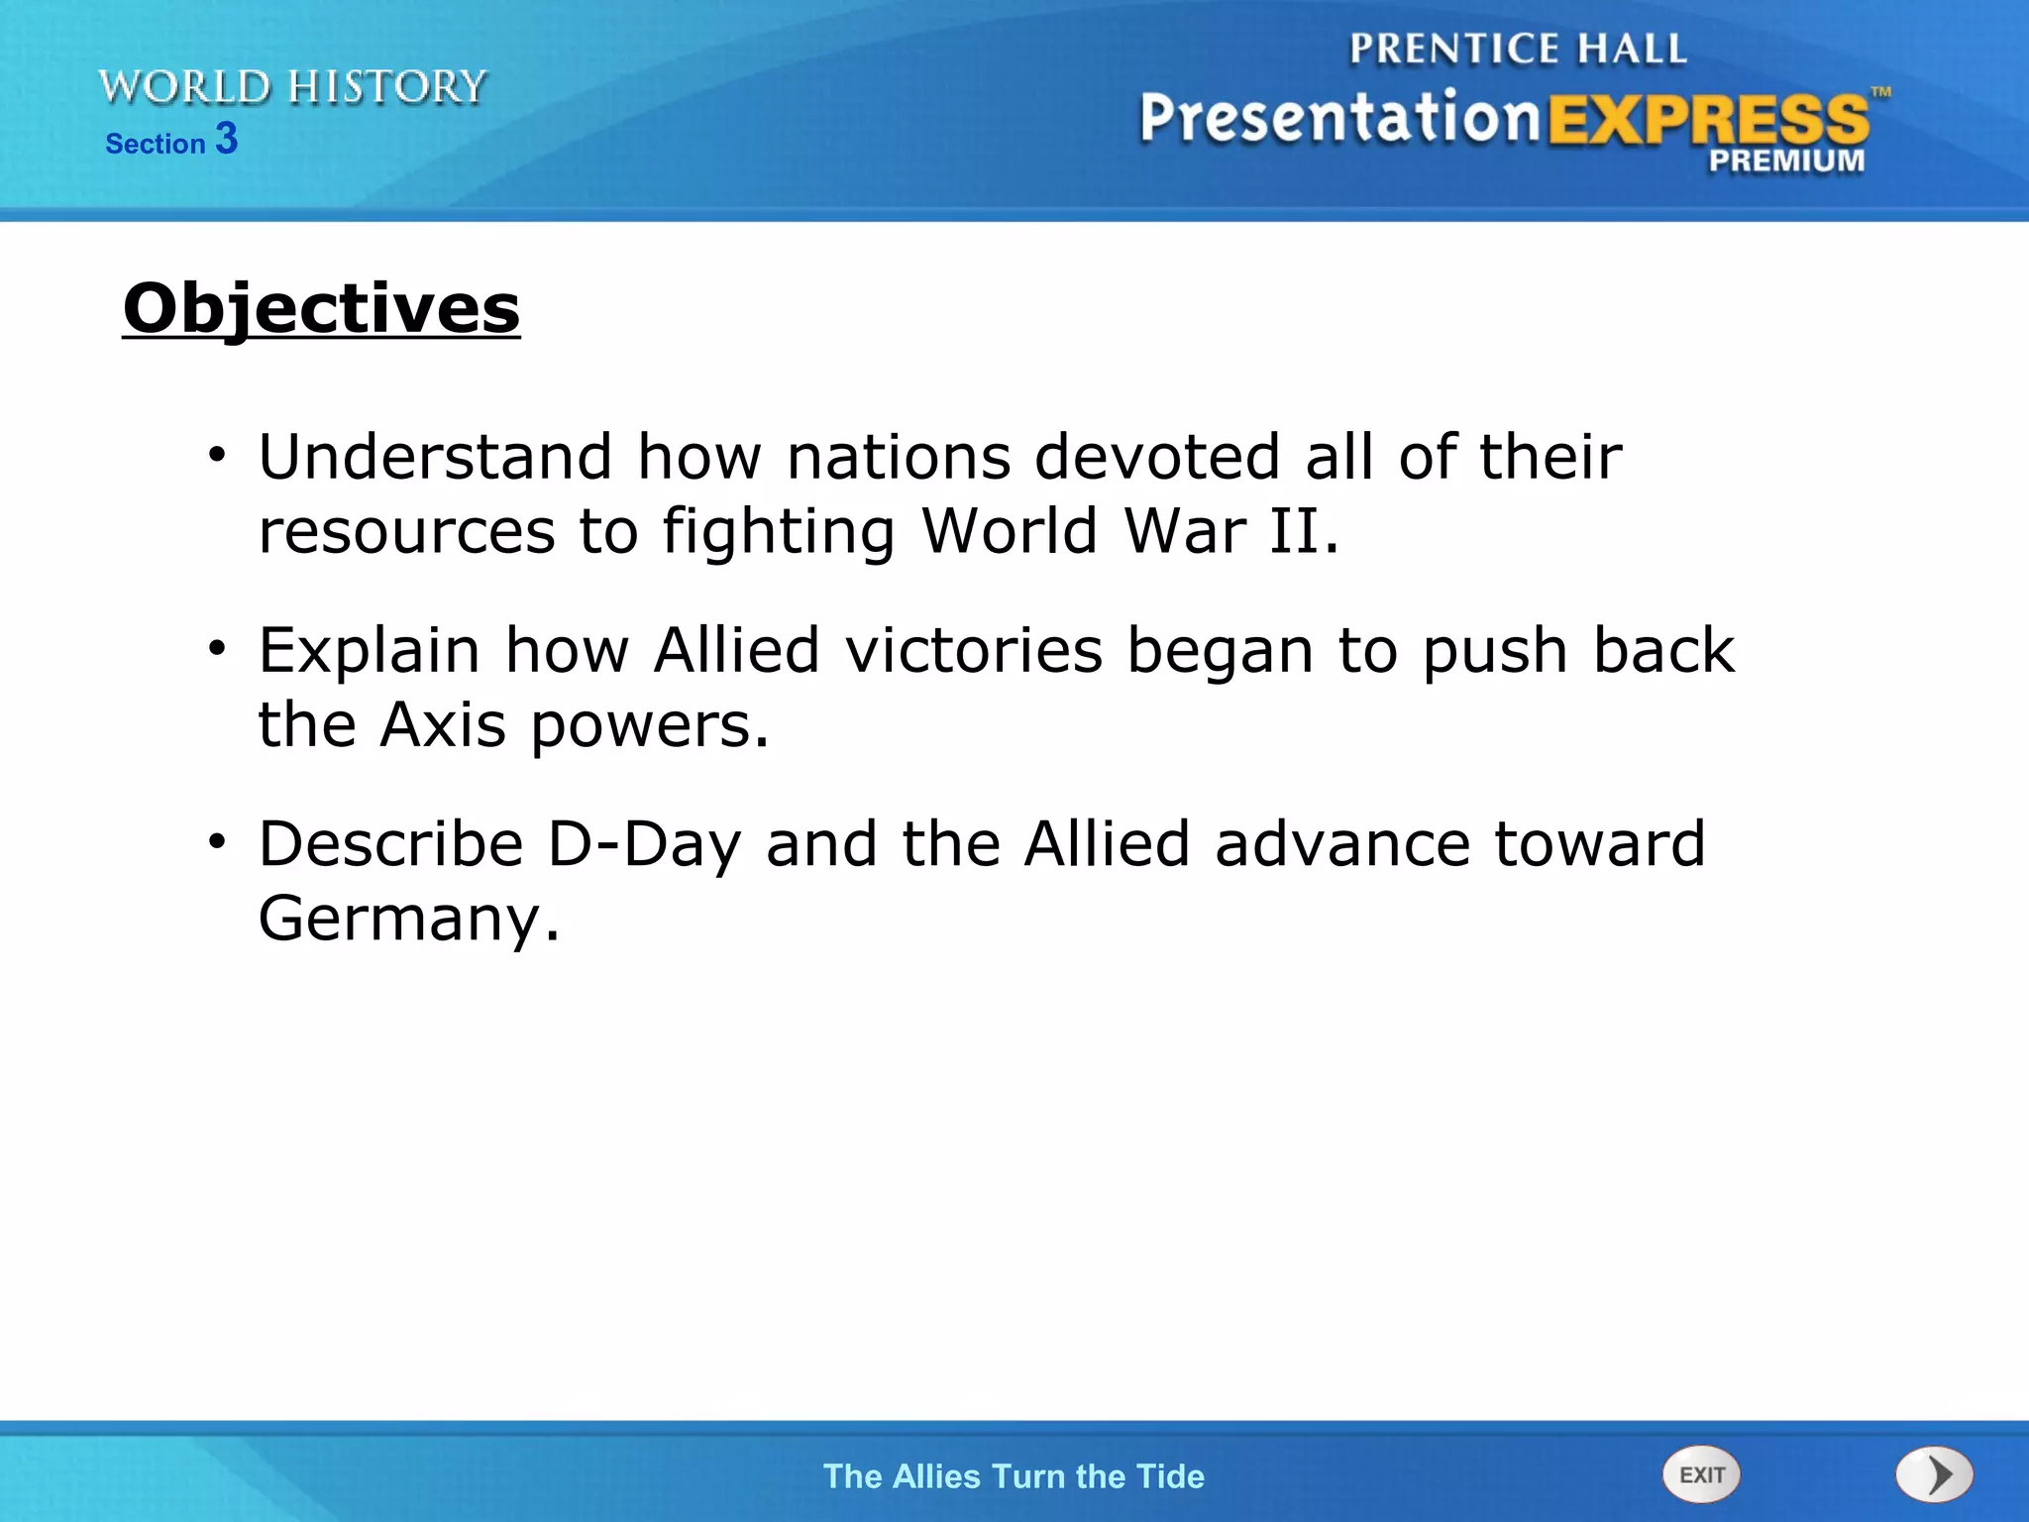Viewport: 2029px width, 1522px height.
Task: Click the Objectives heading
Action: coord(321,308)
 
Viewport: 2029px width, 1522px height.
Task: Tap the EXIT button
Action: coord(1701,1474)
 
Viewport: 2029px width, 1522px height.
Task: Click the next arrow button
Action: coord(1934,1474)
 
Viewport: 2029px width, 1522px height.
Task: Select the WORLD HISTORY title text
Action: coord(293,87)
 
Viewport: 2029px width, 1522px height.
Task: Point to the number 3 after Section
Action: coord(227,139)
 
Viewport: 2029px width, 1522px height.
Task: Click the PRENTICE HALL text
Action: coord(1518,49)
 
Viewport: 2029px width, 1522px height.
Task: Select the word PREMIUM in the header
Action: coord(1786,161)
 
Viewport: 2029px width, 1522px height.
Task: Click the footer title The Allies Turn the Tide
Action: coord(1014,1476)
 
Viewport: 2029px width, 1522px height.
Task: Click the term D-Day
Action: coord(643,844)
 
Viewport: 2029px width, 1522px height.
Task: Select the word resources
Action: coord(406,532)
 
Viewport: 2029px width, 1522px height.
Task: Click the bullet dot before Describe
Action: coord(217,841)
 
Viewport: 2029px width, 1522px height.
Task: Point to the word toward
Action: coord(1599,844)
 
